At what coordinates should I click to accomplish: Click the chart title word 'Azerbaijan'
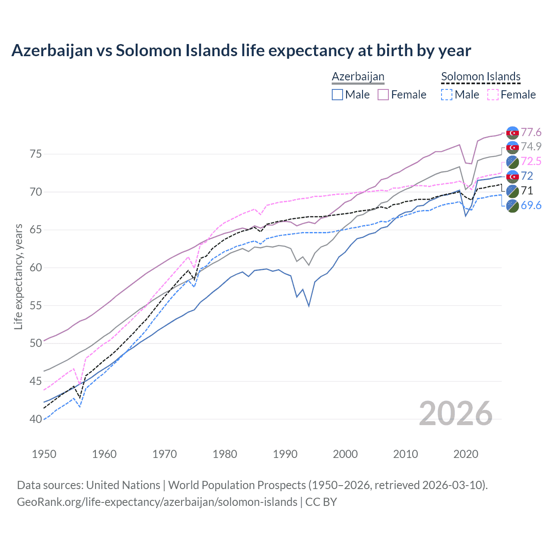(x=52, y=51)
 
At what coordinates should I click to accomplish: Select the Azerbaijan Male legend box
(x=337, y=95)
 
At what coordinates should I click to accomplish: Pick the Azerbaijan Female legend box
(x=383, y=95)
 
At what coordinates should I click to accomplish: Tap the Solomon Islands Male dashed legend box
(x=447, y=95)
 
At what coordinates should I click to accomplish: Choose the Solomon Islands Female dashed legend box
(x=493, y=95)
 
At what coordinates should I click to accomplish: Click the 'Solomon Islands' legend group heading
(x=480, y=76)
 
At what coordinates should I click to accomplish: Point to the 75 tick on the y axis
(x=35, y=154)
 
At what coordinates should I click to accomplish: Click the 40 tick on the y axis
(x=35, y=419)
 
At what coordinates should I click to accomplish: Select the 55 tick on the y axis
(x=35, y=305)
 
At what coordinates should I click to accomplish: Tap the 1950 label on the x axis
(x=44, y=454)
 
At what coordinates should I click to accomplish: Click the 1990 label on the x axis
(x=285, y=454)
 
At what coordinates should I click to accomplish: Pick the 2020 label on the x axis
(x=466, y=454)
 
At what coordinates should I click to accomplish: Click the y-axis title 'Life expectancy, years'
(x=18, y=276)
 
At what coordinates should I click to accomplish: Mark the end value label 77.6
(x=531, y=132)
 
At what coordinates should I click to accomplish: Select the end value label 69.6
(x=531, y=205)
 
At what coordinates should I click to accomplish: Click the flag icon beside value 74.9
(x=512, y=147)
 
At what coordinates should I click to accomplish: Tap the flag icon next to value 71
(x=512, y=191)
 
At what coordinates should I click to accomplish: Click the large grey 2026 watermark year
(x=456, y=413)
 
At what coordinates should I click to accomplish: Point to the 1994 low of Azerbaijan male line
(x=309, y=306)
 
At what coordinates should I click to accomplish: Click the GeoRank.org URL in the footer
(x=157, y=502)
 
